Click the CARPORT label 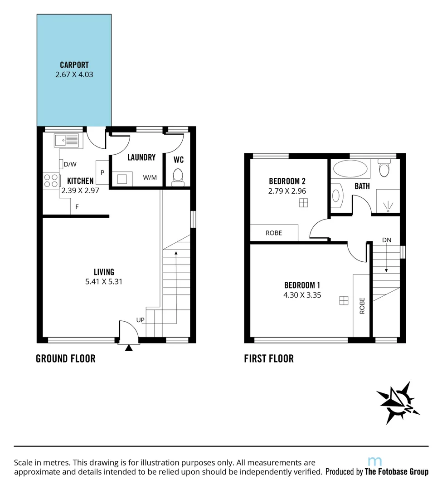click(x=74, y=65)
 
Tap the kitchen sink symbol click(x=67, y=140)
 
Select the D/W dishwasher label click(x=70, y=164)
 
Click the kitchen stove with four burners click(x=51, y=181)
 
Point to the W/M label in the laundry click(x=150, y=177)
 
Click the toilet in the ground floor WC click(x=178, y=176)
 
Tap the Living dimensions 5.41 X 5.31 click(x=104, y=281)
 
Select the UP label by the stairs click(x=140, y=320)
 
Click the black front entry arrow click(x=129, y=348)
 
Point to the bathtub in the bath click(x=350, y=170)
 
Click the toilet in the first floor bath click(x=384, y=170)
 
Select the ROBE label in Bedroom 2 click(x=274, y=233)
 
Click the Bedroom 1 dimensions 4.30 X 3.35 click(x=302, y=294)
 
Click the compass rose click(x=398, y=402)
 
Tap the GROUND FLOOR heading click(x=66, y=358)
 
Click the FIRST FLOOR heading click(x=269, y=358)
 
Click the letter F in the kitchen click(x=77, y=207)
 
